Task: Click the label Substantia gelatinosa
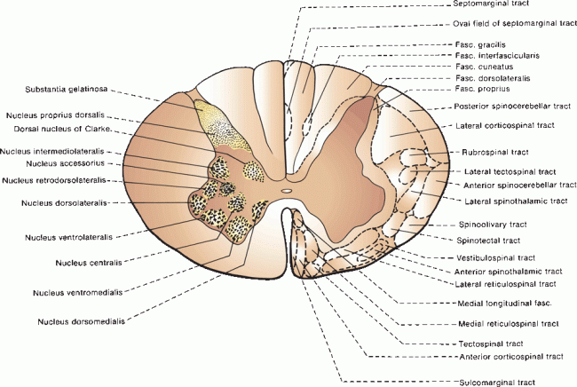[60, 90]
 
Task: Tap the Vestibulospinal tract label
[496, 257]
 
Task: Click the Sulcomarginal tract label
[496, 382]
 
